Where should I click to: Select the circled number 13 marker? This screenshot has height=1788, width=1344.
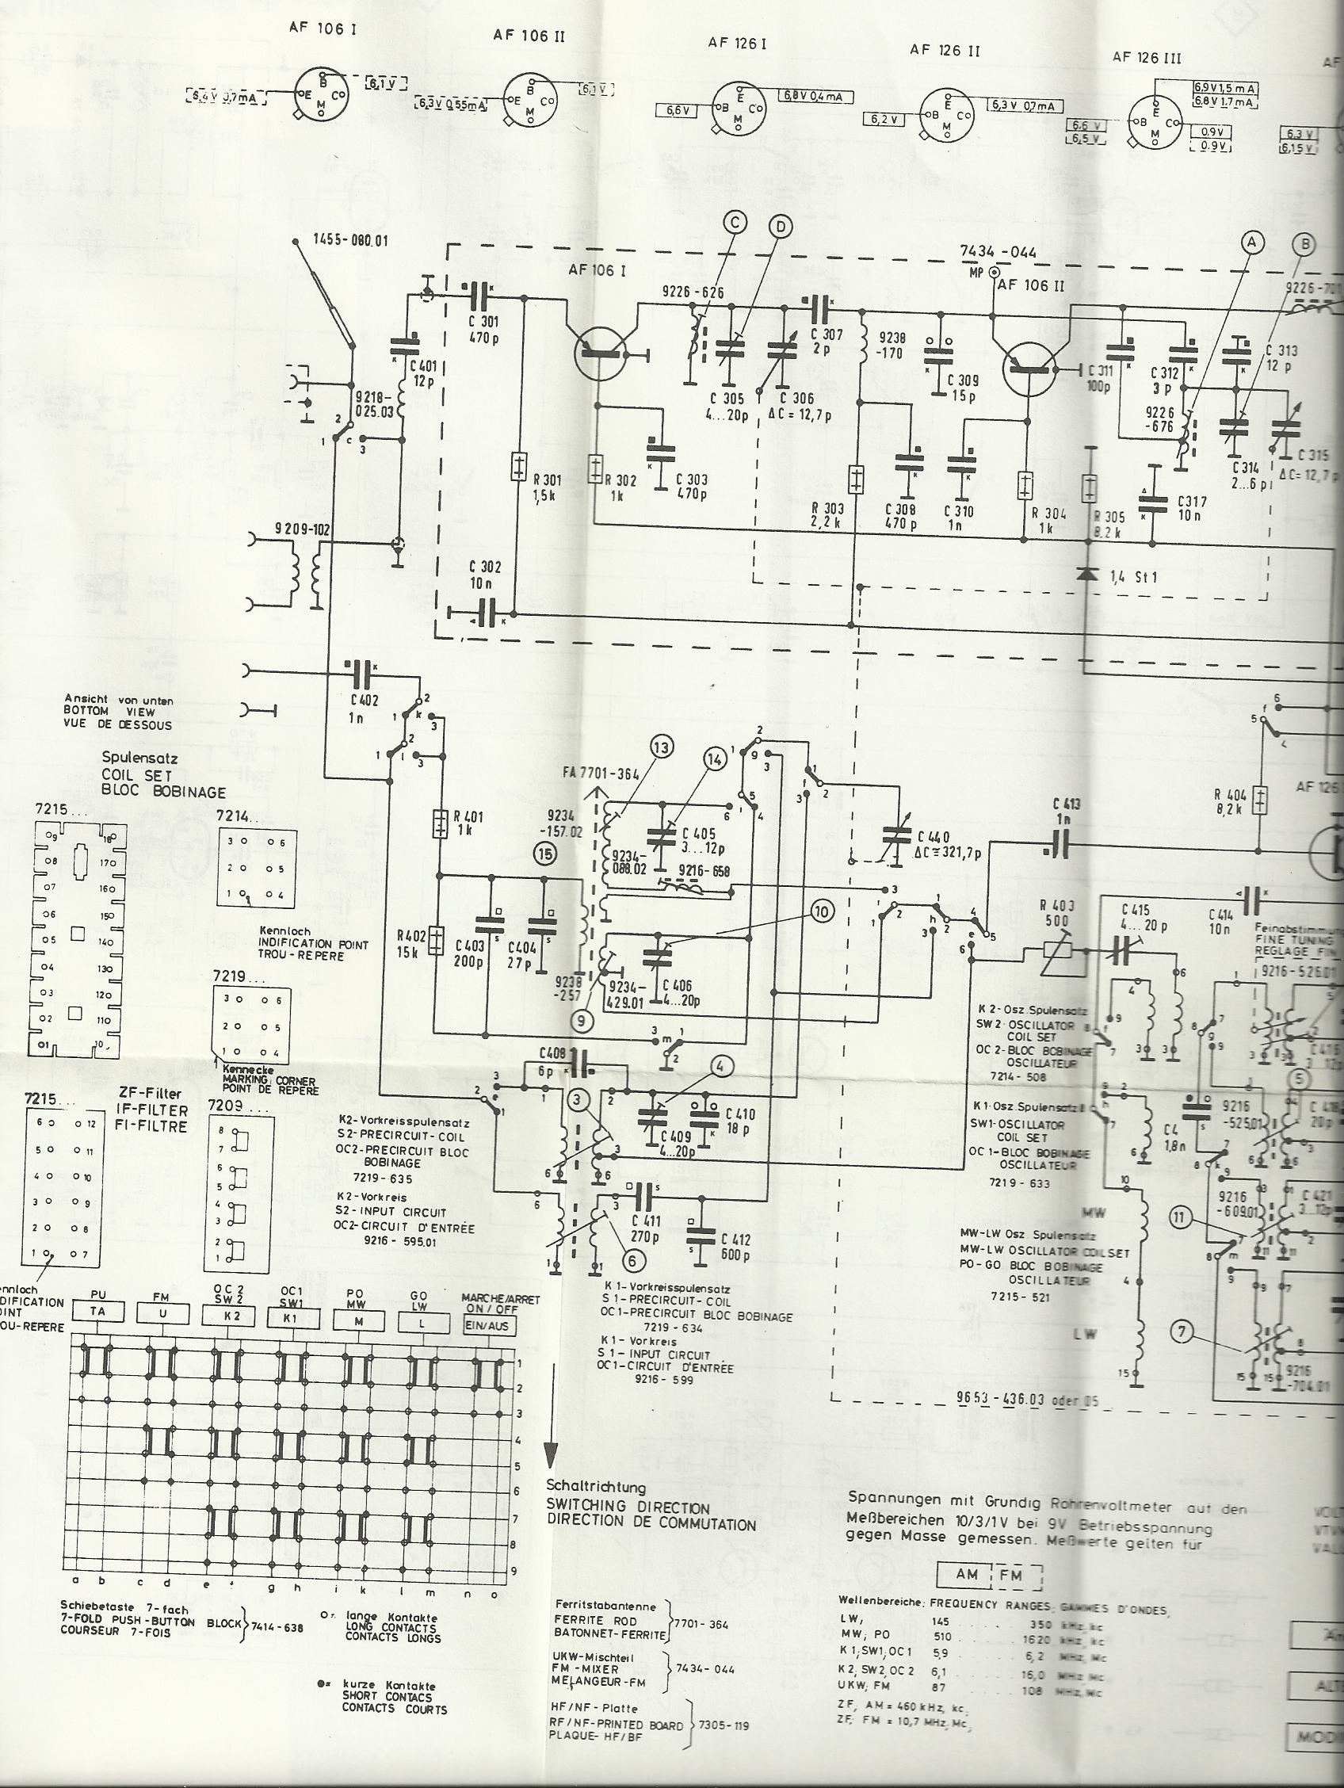pos(661,747)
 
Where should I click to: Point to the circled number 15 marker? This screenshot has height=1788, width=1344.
pos(545,852)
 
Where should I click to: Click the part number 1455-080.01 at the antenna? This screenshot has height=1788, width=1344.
pos(350,240)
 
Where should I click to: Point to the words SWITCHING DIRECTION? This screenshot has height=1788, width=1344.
pos(627,1508)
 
